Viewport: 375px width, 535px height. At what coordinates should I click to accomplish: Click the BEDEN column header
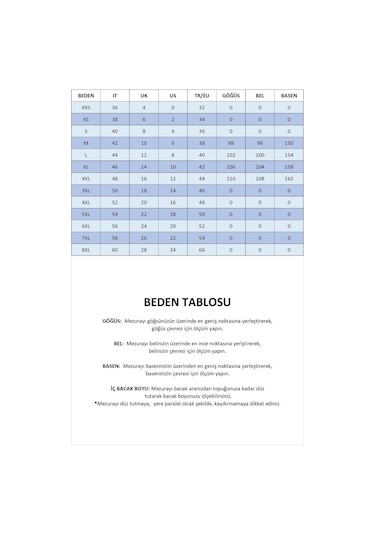[x=86, y=94]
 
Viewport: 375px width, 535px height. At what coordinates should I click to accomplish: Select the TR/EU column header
[x=201, y=94]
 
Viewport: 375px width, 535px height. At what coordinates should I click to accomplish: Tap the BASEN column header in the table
[x=288, y=94]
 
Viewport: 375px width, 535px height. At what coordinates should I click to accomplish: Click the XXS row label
[x=86, y=106]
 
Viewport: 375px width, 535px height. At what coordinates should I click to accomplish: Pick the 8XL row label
[x=86, y=249]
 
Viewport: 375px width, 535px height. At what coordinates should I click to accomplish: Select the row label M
[x=86, y=142]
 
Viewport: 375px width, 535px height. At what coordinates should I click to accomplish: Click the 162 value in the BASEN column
[x=288, y=177]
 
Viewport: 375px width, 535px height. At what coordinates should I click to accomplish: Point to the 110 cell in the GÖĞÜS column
[x=231, y=177]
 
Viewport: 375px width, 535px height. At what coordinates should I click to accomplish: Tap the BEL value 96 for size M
[x=259, y=142]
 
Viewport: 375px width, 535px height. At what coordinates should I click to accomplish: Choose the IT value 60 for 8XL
[x=115, y=249]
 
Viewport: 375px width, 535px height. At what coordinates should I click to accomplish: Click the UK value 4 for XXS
[x=144, y=106]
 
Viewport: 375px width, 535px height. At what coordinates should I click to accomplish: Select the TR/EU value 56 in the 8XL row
[x=201, y=249]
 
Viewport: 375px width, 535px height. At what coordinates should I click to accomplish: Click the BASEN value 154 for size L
[x=288, y=154]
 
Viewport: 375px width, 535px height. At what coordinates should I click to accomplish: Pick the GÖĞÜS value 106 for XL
[x=231, y=166]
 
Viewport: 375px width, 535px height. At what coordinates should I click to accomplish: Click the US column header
[x=172, y=94]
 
